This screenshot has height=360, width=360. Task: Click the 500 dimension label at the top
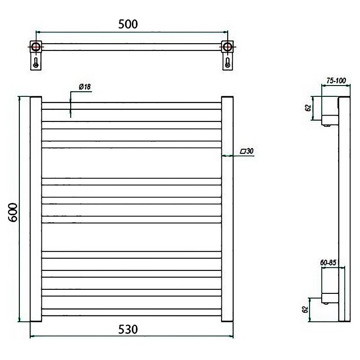128,24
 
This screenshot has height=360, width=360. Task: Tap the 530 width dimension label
128,329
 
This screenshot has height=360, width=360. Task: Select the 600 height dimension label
13,212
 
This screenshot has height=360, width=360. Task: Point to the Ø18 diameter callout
85,87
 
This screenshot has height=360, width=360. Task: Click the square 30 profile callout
247,151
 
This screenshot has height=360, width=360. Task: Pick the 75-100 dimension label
336,81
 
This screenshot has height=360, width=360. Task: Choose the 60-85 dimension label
328,263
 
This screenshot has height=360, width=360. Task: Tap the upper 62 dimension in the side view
308,108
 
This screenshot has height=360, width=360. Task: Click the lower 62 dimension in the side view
305,310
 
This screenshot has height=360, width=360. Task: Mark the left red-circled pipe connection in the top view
36,47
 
